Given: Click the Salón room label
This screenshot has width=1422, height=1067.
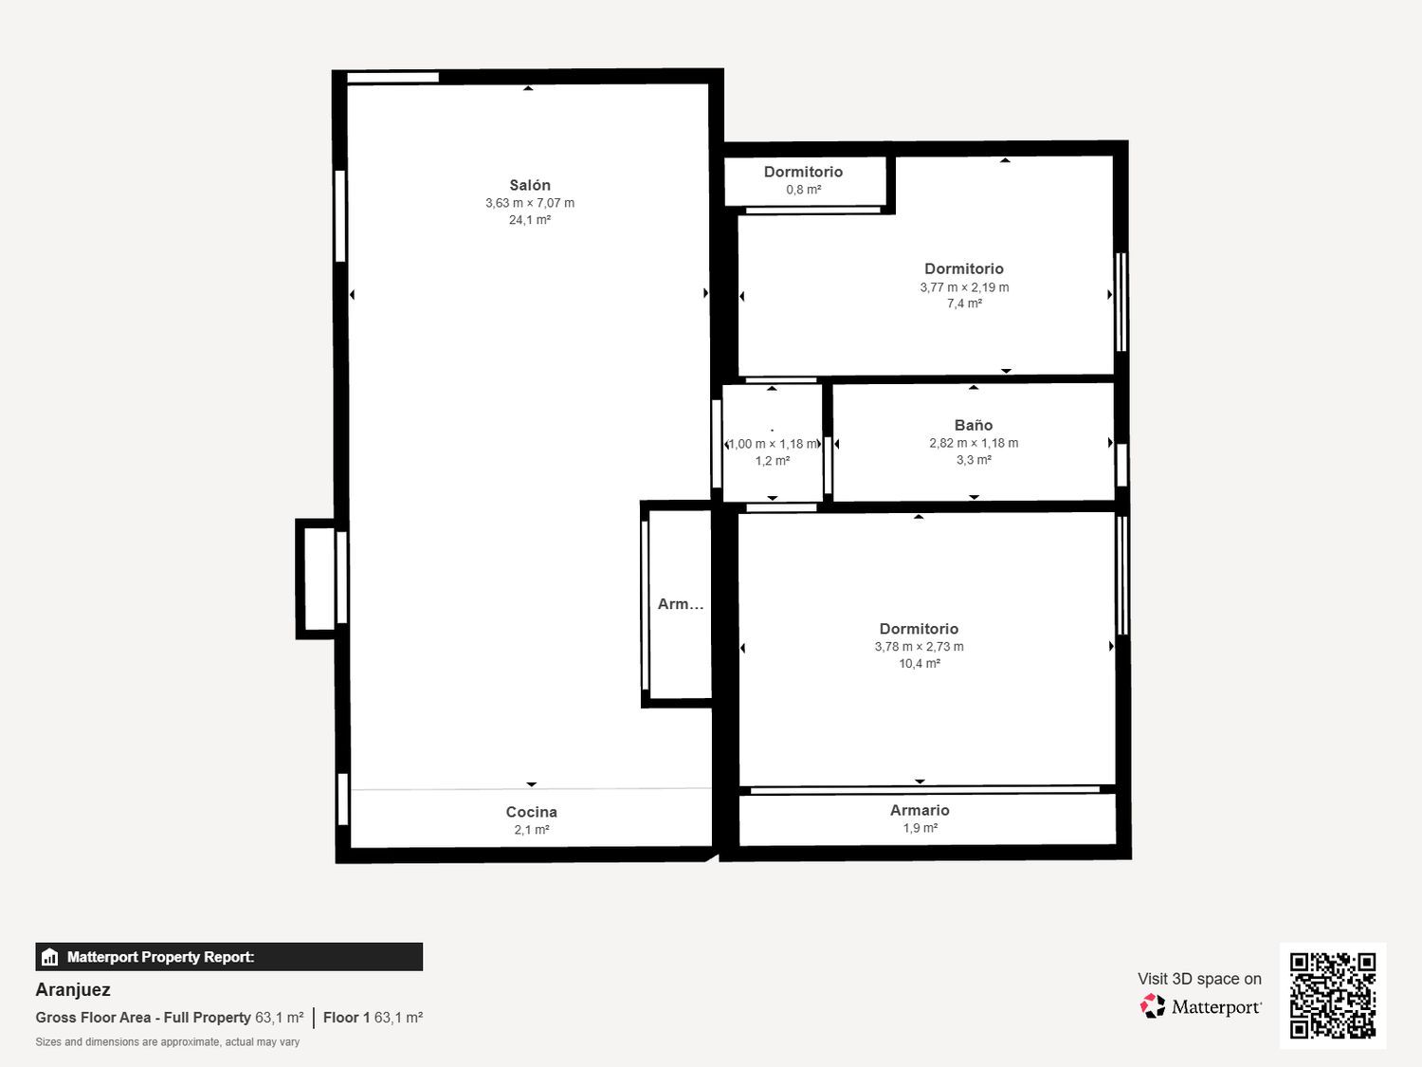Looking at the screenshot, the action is pos(529,185).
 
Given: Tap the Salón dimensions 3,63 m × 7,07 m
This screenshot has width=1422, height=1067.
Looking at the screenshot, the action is pos(530,203).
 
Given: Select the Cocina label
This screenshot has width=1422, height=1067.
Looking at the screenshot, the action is pos(531,812).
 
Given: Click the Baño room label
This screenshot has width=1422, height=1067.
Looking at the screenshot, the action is pos(973,425).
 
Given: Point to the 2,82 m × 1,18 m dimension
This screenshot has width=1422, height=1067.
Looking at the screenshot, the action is pos(974,443).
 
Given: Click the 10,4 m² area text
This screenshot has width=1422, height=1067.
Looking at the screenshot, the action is pos(920,663).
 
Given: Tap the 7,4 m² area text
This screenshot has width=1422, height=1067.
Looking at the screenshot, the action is pos(964,304).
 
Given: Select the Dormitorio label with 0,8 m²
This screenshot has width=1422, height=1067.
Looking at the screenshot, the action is pos(803,172).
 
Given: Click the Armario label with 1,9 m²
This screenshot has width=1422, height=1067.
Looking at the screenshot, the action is pos(920,810).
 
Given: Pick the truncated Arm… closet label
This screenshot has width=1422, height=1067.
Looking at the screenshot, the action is pos(681,604).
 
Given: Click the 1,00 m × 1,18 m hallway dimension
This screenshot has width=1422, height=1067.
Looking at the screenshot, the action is pos(773,444).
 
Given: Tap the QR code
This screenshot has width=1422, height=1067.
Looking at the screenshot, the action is pos(1333,996).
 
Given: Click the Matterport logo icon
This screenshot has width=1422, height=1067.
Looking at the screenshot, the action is pos(1153,1006).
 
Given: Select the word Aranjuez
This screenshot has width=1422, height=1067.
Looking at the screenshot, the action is pos(73,990).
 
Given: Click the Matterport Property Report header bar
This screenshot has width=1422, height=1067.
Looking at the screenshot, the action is pos(228,957).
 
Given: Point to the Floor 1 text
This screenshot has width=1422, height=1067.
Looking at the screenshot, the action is pos(347,1018).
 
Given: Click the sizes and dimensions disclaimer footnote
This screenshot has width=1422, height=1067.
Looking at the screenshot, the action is pos(167,1041).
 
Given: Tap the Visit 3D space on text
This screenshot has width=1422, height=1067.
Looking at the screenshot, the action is pos(1199,979).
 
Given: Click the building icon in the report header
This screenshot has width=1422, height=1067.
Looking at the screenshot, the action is pos(50,957).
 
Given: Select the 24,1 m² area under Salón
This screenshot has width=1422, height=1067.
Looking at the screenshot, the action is pos(529,220).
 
